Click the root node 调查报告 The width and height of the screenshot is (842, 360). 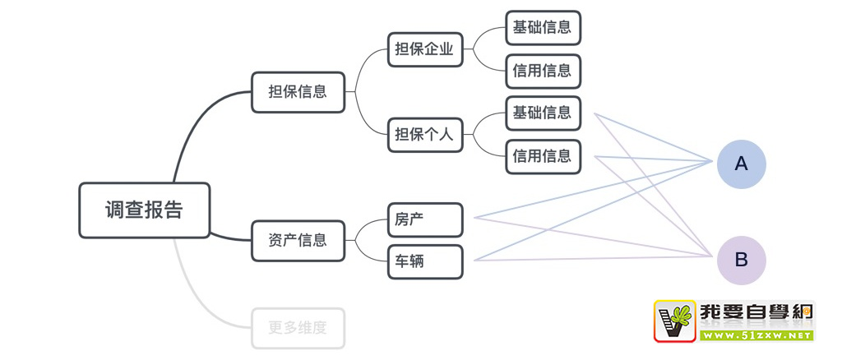[144, 210]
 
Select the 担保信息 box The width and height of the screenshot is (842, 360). [298, 92]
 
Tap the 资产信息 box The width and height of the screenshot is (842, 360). [298, 240]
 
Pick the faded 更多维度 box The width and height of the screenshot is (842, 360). [298, 328]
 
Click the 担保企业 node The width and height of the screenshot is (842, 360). [424, 48]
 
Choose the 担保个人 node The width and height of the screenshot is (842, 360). [424, 134]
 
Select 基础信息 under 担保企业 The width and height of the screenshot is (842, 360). [543, 27]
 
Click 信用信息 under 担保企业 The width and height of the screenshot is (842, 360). [543, 71]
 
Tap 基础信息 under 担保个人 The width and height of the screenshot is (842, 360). [543, 113]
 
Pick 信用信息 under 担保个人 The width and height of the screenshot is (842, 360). [543, 156]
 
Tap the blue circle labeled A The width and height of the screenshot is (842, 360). [741, 164]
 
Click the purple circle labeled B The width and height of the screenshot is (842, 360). [741, 260]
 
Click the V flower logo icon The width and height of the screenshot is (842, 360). [675, 321]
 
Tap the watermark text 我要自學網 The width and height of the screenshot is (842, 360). [756, 313]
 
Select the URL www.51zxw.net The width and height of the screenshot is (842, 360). [756, 335]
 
